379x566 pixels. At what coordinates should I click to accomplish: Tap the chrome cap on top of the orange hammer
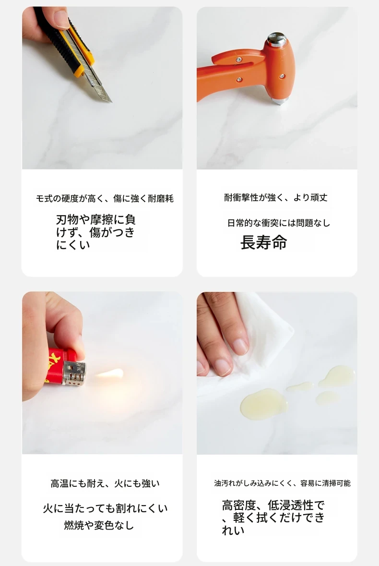277,39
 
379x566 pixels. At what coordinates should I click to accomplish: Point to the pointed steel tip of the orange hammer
280,101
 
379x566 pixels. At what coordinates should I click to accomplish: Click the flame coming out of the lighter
110,373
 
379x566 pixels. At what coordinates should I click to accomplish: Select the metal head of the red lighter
74,373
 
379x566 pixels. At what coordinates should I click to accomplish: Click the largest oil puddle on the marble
263,404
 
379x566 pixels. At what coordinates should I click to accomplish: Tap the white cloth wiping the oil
252,347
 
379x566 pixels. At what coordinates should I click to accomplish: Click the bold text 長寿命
263,242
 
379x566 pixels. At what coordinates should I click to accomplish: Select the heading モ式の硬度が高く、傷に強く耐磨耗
105,199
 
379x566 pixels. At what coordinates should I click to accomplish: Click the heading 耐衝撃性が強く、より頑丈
276,197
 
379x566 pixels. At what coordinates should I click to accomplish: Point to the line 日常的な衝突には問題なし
279,223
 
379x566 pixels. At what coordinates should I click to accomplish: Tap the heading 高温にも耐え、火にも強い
105,483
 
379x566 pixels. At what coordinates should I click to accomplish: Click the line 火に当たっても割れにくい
105,508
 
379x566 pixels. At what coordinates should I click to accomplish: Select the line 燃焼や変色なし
99,525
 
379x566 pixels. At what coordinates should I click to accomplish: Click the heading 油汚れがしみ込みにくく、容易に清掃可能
283,483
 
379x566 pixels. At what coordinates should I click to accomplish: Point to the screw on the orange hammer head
282,76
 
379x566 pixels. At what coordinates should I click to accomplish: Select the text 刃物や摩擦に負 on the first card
95,219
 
